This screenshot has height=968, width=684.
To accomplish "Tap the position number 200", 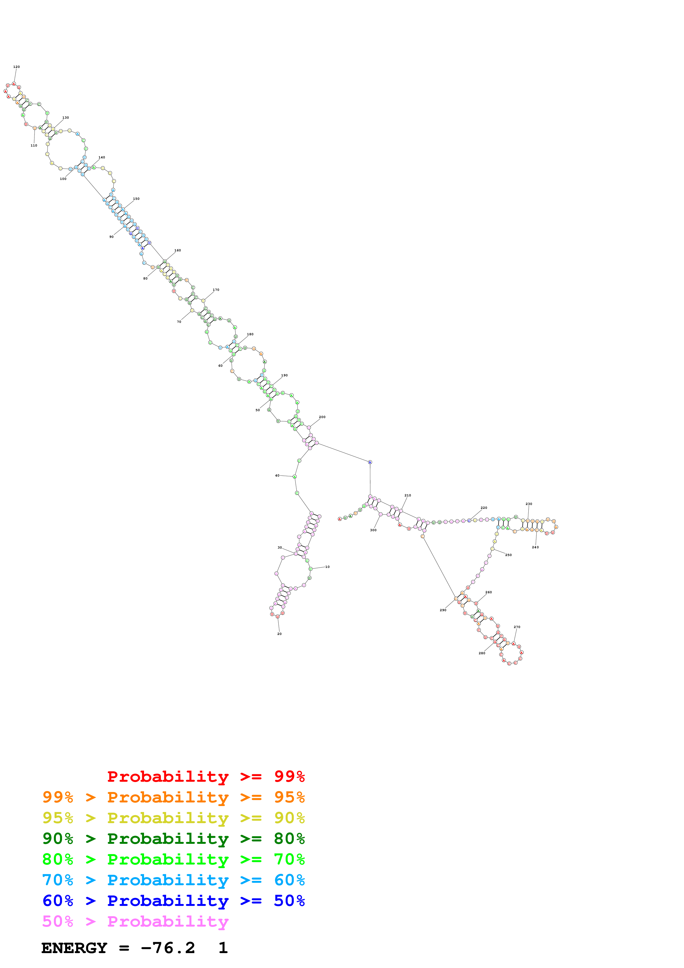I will pyautogui.click(x=322, y=417).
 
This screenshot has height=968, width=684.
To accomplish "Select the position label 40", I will pyautogui.click(x=277, y=475).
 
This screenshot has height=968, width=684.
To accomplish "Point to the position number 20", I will pyautogui.click(x=280, y=634).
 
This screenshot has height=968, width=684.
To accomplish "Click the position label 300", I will pyautogui.click(x=373, y=530).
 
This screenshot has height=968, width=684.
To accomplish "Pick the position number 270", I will pyautogui.click(x=517, y=627).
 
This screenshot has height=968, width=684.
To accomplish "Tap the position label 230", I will pyautogui.click(x=529, y=504).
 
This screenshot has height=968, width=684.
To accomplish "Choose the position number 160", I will pyautogui.click(x=178, y=251).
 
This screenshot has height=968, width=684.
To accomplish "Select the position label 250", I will pyautogui.click(x=509, y=555).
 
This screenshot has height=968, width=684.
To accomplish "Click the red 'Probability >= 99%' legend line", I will pyautogui.click(x=206, y=776).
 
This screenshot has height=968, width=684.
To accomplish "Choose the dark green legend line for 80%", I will pyautogui.click(x=173, y=839).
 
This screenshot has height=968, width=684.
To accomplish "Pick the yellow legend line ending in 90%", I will pyautogui.click(x=173, y=818).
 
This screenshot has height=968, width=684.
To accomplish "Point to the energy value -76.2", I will pyautogui.click(x=168, y=948).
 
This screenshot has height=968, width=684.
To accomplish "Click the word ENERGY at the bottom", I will pyautogui.click(x=74, y=948).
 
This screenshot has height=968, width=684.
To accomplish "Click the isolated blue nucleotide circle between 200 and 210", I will pyautogui.click(x=370, y=462).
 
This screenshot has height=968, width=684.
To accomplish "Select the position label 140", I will pyautogui.click(x=102, y=157).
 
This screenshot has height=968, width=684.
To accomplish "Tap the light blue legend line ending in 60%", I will pyautogui.click(x=173, y=880).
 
